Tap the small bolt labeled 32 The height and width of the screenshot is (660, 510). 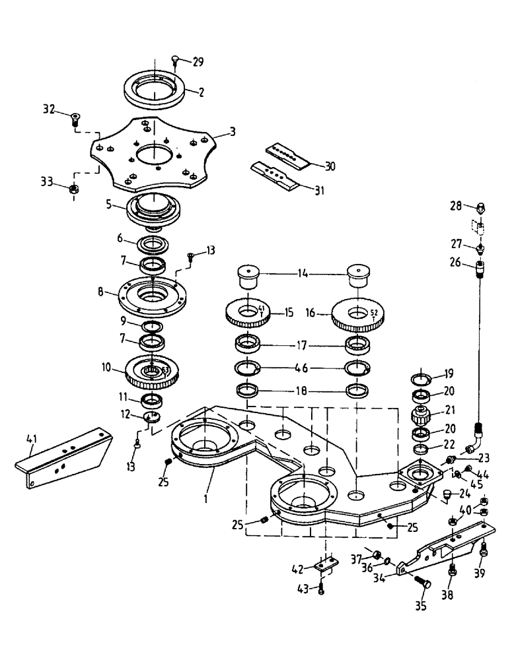pos(77,119)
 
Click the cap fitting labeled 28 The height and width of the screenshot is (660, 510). pos(480,208)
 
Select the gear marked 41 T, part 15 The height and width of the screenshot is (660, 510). pos(248,312)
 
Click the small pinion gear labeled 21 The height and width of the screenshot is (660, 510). pos(421,417)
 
